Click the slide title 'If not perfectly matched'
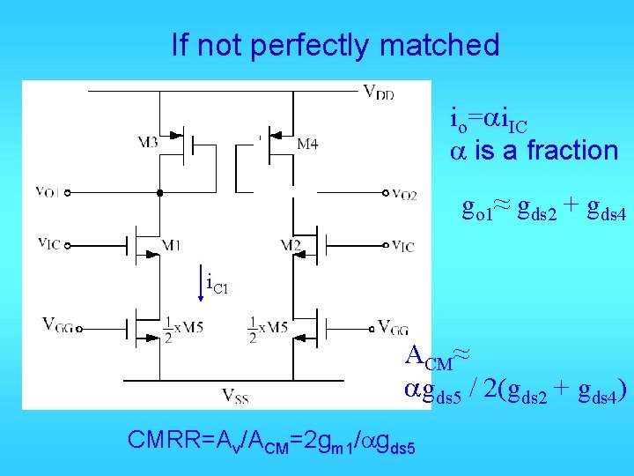335,45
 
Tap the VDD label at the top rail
380,92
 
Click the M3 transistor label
148,141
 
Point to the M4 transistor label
306,144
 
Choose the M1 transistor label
171,245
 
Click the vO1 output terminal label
48,191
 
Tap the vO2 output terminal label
404,194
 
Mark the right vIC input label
402,246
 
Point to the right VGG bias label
393,327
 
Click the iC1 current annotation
217,284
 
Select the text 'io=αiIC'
489,117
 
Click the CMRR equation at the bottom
271,441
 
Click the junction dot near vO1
159,192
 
